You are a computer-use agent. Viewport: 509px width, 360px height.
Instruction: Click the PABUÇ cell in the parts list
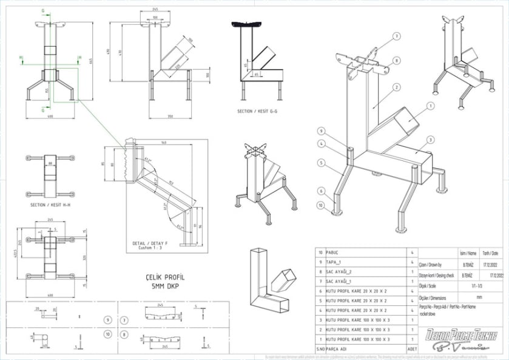[x=332, y=252]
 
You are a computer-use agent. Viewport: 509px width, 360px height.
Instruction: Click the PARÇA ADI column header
[x=337, y=350]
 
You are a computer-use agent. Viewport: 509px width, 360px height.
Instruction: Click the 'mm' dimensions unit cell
[x=462, y=297]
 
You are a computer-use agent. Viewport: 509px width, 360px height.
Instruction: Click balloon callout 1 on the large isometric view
[x=430, y=106]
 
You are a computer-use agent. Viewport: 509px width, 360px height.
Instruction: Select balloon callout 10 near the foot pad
[x=321, y=206]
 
